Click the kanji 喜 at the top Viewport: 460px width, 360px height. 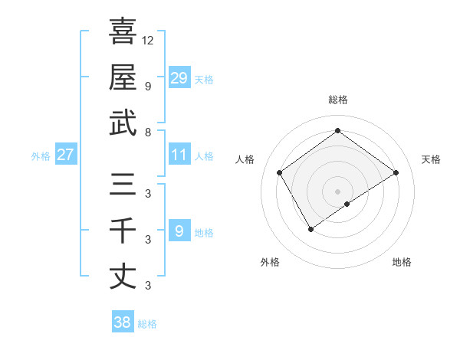[123, 32]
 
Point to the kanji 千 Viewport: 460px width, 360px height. [123, 230]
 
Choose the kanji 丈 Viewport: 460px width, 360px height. [123, 277]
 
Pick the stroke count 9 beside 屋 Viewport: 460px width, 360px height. [148, 86]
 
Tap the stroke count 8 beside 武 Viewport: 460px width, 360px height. [148, 132]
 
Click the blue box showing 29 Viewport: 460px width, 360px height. [179, 77]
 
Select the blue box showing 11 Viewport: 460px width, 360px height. [179, 155]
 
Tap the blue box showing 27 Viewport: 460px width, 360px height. [65, 155]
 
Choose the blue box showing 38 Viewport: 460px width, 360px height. [123, 322]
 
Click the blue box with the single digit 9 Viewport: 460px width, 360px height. [179, 231]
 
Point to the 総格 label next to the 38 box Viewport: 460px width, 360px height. [147, 324]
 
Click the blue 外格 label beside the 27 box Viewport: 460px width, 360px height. [41, 156]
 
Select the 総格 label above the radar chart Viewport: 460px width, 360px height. [337, 100]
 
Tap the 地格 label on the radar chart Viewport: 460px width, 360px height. [402, 262]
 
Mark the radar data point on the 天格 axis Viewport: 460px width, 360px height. [396, 172]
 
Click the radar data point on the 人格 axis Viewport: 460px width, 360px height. [280, 172]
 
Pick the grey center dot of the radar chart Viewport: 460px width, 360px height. [337, 190]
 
